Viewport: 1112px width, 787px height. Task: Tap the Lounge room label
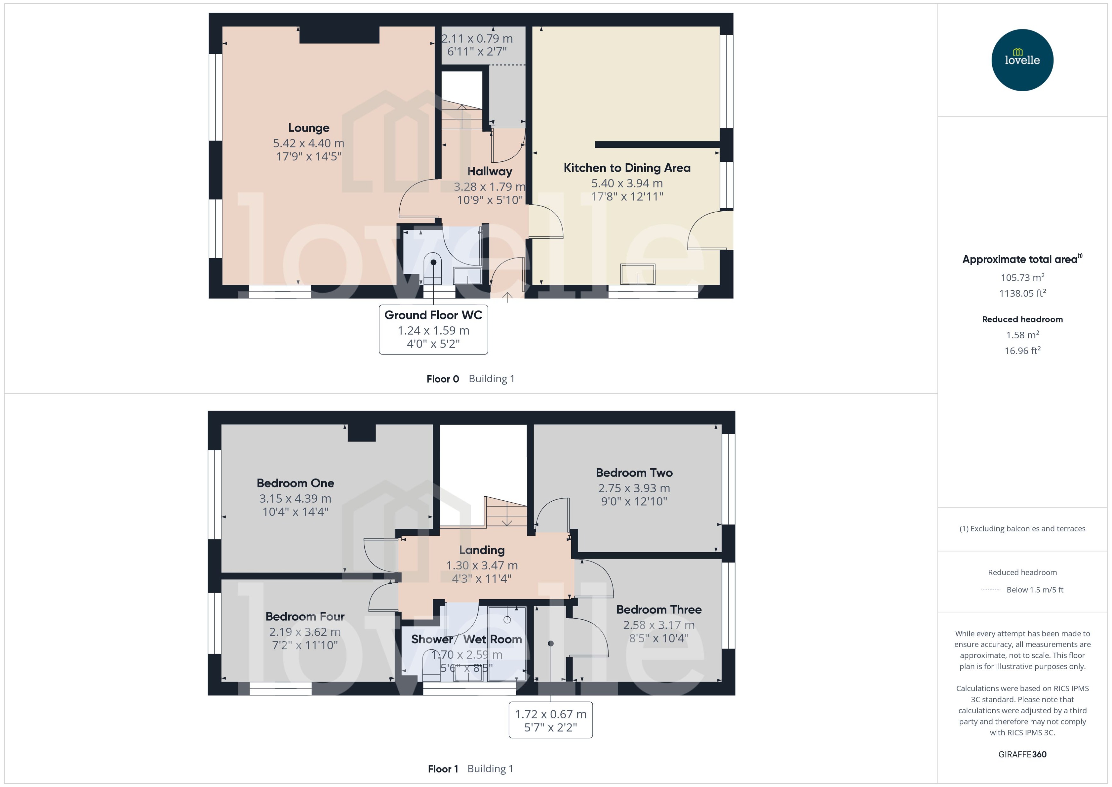309,128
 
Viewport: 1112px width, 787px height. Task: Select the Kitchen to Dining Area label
627,168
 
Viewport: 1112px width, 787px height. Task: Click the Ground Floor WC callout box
433,329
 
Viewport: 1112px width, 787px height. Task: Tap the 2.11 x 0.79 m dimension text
477,38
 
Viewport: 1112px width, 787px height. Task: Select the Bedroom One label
295,483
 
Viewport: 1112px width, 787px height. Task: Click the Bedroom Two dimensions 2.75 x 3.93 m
634,488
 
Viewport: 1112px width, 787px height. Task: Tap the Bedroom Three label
659,610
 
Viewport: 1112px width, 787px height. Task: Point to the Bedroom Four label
305,616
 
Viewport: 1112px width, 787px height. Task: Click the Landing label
482,550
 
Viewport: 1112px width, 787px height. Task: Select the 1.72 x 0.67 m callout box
550,720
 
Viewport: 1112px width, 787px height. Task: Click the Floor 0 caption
442,379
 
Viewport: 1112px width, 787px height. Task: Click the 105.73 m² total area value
1022,278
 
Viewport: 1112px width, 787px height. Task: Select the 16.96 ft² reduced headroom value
1022,351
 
